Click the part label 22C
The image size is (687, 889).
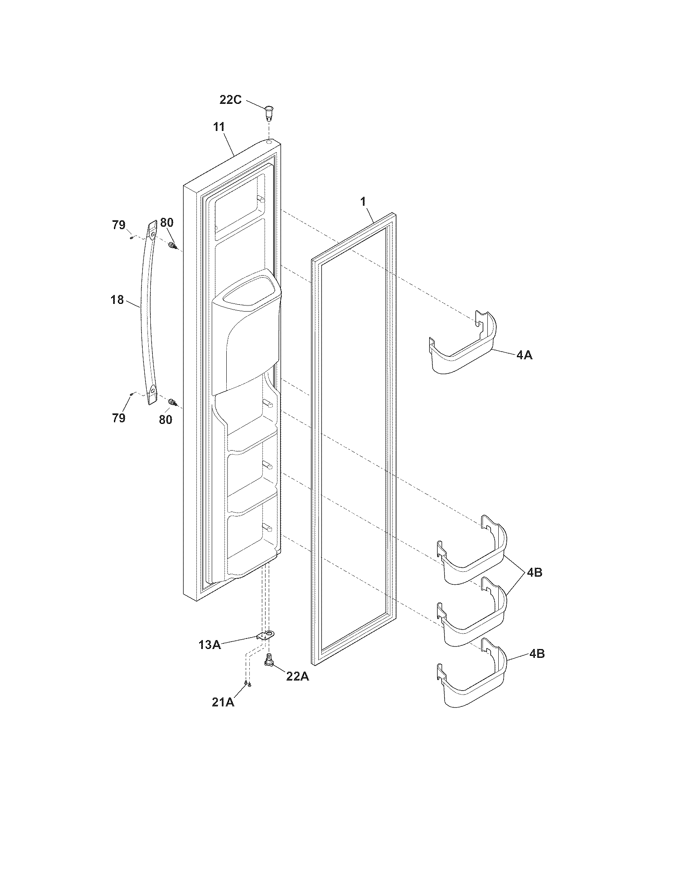tap(230, 99)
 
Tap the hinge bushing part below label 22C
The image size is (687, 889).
tap(268, 112)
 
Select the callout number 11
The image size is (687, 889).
tap(219, 127)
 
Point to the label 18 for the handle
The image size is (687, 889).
tap(117, 300)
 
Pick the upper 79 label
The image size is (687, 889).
tap(119, 225)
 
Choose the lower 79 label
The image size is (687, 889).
tap(119, 418)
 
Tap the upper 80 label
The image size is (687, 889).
tap(166, 223)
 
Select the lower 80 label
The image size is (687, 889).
tap(165, 419)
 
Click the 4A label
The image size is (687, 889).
tap(524, 355)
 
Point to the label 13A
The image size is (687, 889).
tap(210, 645)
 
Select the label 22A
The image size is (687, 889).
tap(297, 676)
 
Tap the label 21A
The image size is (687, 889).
tap(223, 703)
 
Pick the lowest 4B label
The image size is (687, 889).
tap(537, 654)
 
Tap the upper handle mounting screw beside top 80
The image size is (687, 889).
tap(173, 245)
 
